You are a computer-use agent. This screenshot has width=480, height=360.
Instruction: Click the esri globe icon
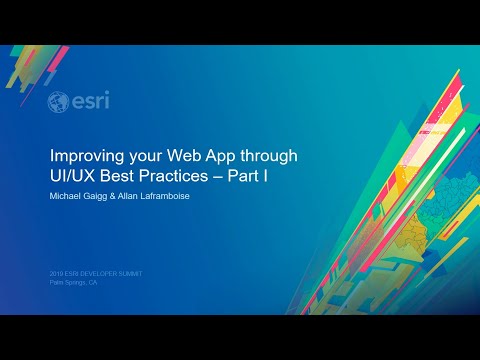point(58,102)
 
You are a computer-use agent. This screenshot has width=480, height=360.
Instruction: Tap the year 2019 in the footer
point(56,273)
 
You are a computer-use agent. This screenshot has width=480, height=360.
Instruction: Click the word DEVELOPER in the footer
point(98,273)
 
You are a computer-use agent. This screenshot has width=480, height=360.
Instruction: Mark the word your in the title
point(140,157)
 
